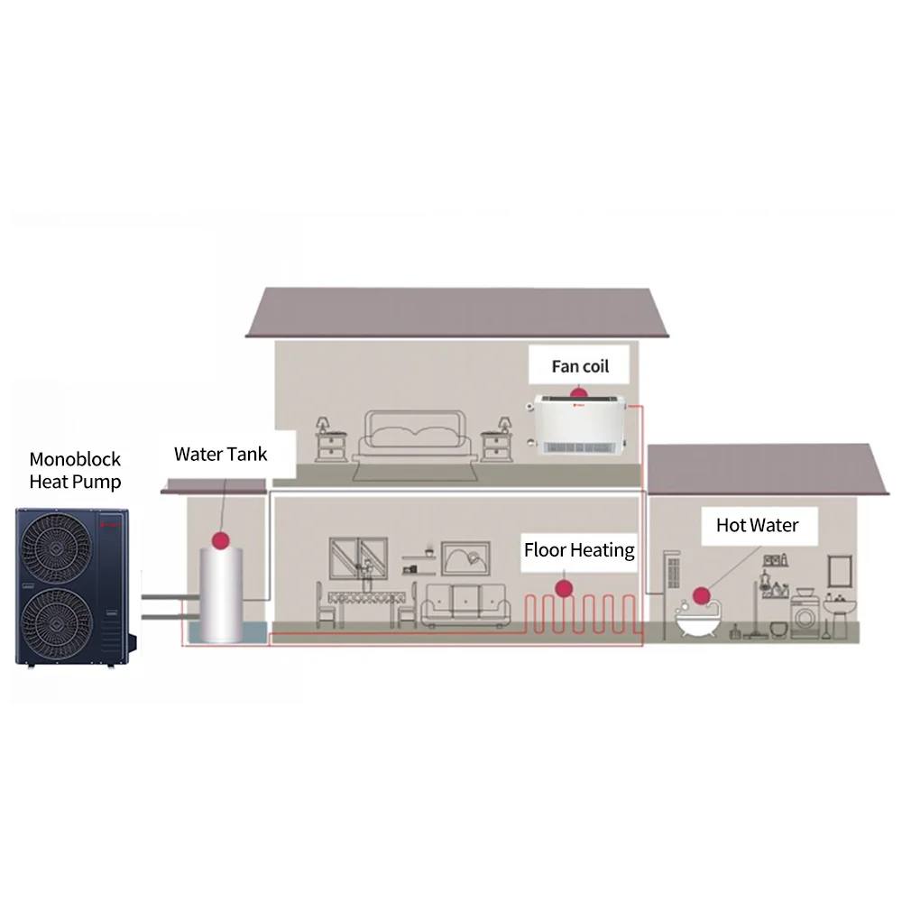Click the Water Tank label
pyautogui.click(x=220, y=454)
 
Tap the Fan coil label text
pyautogui.click(x=580, y=366)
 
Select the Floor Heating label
pyautogui.click(x=579, y=549)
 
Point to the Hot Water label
pyautogui.click(x=757, y=525)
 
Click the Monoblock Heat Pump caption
pyautogui.click(x=75, y=470)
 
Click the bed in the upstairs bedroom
pyautogui.click(x=414, y=437)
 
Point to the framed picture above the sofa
pyautogui.click(x=466, y=557)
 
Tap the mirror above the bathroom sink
pyautogui.click(x=841, y=570)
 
